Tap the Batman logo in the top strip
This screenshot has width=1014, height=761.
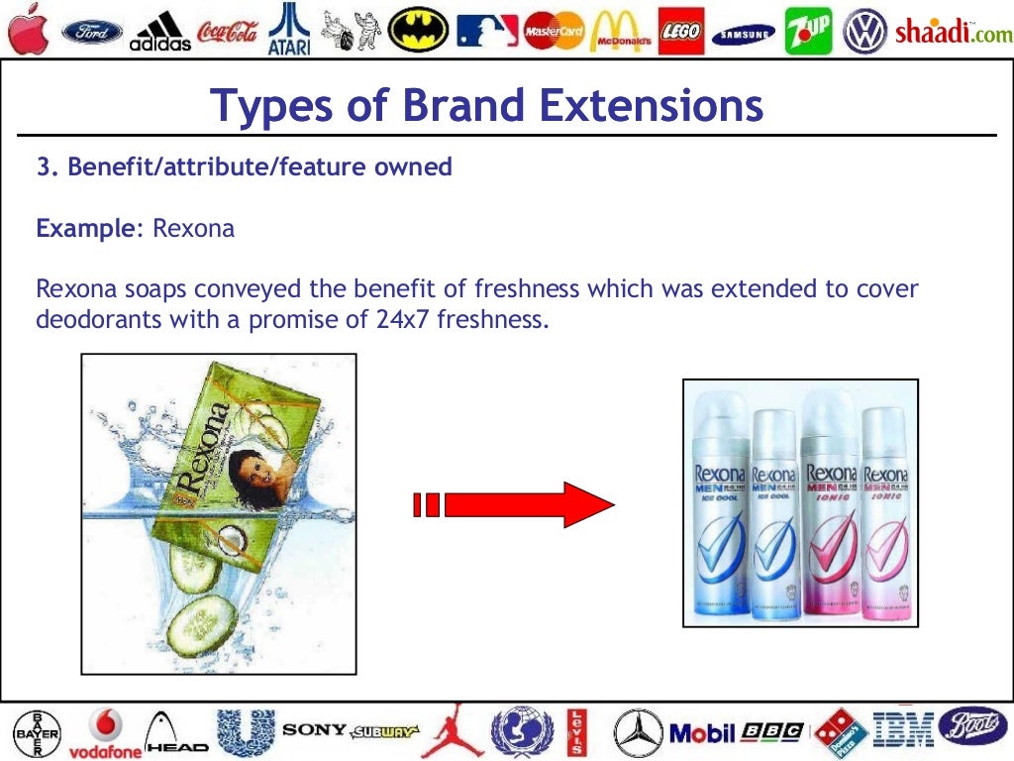[417, 30]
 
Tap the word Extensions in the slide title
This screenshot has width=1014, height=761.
[643, 106]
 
